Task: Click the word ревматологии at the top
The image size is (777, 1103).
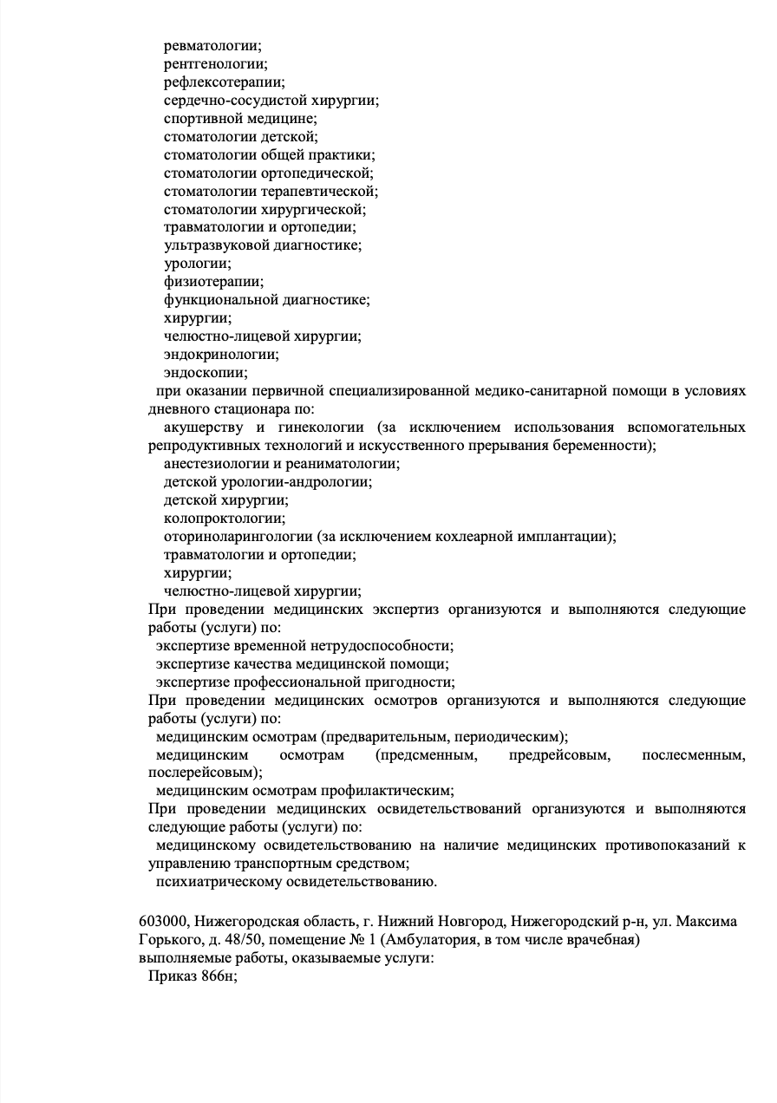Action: (212, 46)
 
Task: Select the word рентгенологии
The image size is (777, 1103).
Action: (215, 64)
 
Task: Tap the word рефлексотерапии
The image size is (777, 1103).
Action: (224, 82)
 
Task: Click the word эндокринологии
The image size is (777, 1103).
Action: (222, 355)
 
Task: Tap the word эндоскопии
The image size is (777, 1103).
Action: (205, 373)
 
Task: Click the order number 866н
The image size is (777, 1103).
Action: (217, 976)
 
